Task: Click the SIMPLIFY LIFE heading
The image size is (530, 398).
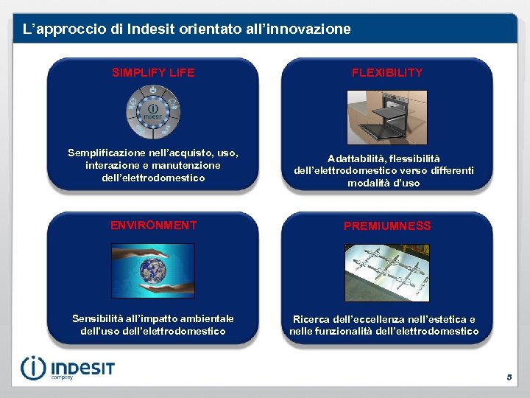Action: [153, 72]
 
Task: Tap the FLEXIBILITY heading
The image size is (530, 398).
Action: [387, 72]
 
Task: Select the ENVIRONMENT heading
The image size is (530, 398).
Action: [153, 226]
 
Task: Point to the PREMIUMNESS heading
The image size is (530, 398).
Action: [387, 226]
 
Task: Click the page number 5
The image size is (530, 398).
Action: [509, 377]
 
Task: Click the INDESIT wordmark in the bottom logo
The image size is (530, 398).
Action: [82, 366]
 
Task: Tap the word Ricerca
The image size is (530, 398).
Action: [311, 319]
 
